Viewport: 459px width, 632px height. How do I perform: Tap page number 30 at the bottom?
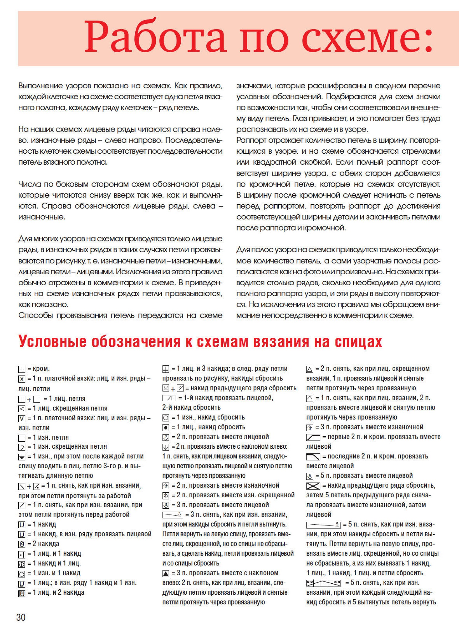pos(21,617)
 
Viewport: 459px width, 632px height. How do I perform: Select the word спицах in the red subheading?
pos(358,342)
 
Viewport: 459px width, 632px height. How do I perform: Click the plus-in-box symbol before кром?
pos(22,369)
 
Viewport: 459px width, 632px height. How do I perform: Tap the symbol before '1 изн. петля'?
pos(22,438)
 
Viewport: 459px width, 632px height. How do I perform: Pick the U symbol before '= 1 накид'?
pos(22,525)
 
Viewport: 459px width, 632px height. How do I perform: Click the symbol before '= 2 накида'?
pos(22,544)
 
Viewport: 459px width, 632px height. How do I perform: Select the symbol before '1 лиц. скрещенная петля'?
pos(22,409)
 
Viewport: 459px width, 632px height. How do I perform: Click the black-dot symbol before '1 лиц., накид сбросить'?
pos(166,428)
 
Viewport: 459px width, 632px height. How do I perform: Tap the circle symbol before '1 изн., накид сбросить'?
pos(166,418)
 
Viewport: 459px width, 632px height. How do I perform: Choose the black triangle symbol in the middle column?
pos(166,574)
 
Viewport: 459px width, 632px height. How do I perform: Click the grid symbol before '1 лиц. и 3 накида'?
pos(166,369)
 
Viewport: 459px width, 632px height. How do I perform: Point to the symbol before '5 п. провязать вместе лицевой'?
pos(309,476)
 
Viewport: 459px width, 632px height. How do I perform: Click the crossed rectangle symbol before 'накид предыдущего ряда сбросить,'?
pos(313,486)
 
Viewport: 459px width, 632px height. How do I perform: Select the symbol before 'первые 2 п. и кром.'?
pos(313,437)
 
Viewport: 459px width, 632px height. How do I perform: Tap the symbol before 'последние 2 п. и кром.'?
pos(313,457)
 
